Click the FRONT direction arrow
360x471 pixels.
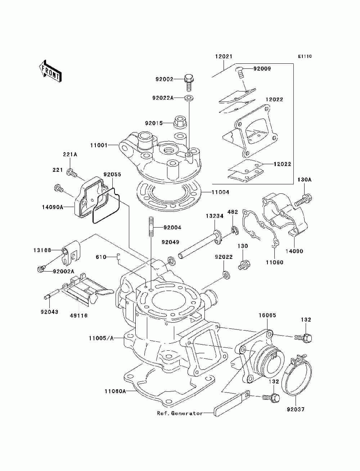pos(50,71)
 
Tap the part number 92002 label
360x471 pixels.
pos(164,79)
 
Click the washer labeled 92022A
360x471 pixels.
pos(189,98)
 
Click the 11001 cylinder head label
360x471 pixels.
pos(99,145)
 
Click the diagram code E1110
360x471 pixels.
pos(305,57)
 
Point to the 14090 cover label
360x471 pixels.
pos(294,251)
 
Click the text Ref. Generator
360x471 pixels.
pos(180,413)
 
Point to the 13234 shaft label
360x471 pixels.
pos(215,216)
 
